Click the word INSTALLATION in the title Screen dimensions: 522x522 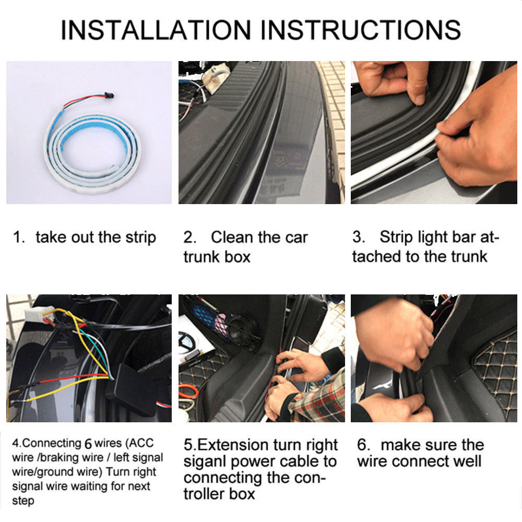pos(156,30)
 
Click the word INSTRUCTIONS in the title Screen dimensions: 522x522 pos(361,30)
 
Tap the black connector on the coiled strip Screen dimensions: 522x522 pos(109,95)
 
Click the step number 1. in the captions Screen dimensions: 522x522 pos(19,238)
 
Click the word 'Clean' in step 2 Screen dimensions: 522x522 pos(232,238)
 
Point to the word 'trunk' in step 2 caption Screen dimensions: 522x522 pos(201,257)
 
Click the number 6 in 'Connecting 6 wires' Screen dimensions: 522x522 pos(88,443)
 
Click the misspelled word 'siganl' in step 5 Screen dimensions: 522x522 pos(205,462)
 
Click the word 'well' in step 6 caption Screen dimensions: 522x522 pos(466,461)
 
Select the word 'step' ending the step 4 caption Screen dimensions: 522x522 pos(23,501)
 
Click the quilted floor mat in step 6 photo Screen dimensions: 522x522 pos(496,373)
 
